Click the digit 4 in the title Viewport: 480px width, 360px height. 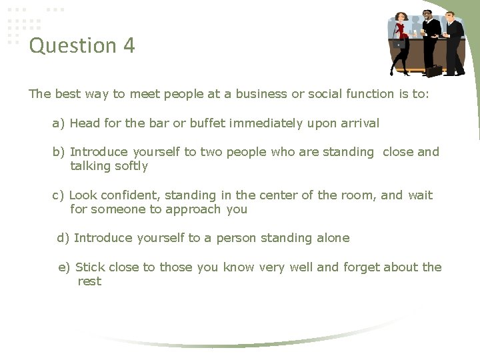129,46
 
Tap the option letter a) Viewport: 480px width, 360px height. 59,123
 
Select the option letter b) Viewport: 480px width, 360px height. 59,152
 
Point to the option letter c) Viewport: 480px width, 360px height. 59,195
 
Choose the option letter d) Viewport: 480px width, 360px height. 63,238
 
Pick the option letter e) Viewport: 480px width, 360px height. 65,267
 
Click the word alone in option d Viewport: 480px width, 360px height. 331,238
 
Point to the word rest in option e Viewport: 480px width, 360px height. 89,281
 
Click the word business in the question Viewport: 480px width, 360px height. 256,94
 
